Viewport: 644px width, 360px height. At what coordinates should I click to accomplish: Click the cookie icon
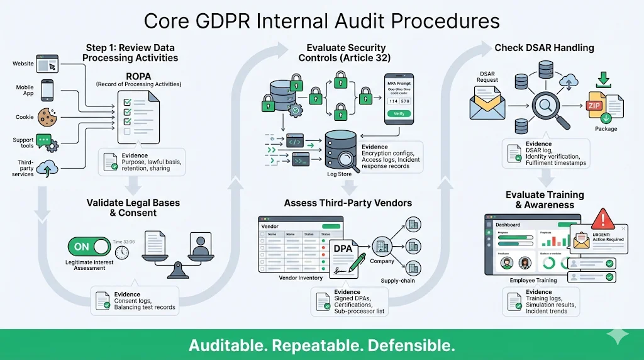click(x=48, y=116)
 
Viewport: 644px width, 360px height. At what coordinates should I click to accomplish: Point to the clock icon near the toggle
click(x=122, y=251)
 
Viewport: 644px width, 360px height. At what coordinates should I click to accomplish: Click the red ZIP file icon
click(x=595, y=106)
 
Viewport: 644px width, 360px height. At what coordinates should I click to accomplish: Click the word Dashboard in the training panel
click(x=508, y=225)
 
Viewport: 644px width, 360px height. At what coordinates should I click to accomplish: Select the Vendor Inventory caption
click(x=301, y=278)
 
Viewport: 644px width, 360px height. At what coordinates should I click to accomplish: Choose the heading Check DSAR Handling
click(x=544, y=48)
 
